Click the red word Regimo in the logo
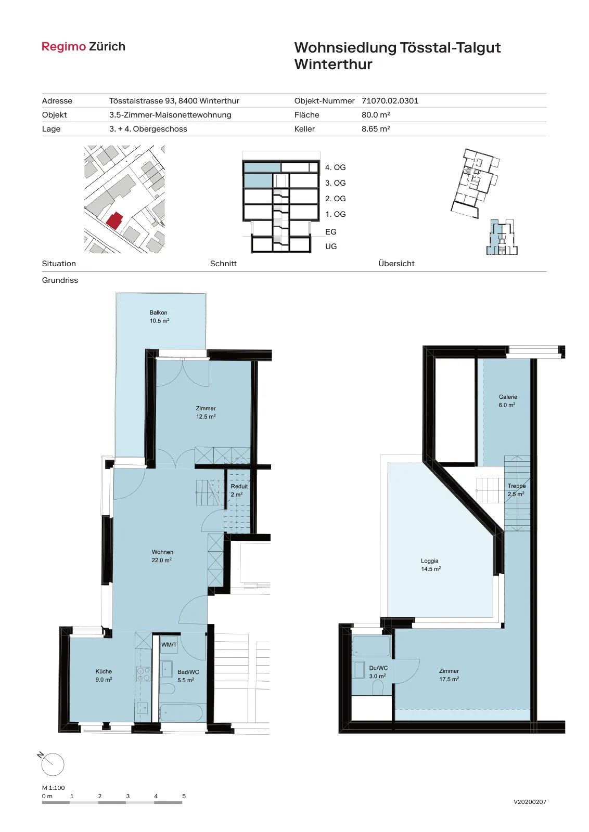[63, 47]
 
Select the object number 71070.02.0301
[390, 101]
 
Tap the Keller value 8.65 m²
[376, 129]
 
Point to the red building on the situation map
[114, 220]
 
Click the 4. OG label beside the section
[335, 167]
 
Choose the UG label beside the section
[331, 246]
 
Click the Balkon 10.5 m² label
[159, 317]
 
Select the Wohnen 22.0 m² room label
[162, 556]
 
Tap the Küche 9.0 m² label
[104, 675]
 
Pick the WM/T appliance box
[169, 645]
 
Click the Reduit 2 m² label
[239, 490]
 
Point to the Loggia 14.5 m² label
[431, 565]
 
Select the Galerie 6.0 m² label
[508, 401]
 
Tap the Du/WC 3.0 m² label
[378, 672]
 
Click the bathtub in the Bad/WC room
[181, 713]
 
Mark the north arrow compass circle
[53, 765]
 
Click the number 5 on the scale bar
[184, 796]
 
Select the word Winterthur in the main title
[334, 64]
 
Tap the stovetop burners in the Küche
[144, 674]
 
